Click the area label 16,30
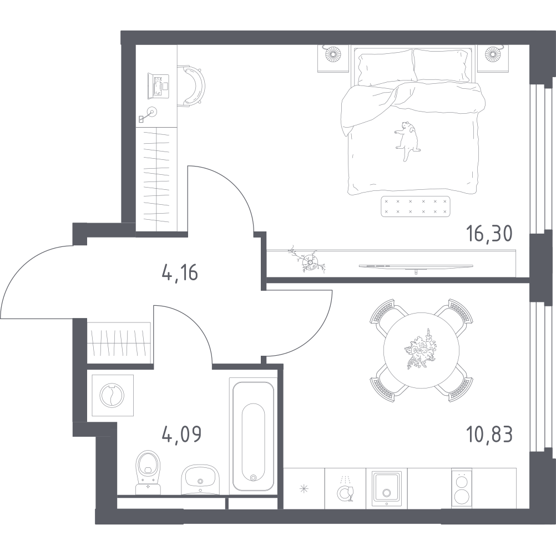pyautogui.click(x=488, y=234)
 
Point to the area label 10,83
pyautogui.click(x=489, y=433)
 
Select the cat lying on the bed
pyautogui.click(x=407, y=141)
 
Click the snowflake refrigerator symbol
pyautogui.click(x=304, y=488)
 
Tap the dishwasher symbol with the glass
pyautogui.click(x=346, y=487)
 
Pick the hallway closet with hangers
pyautogui.click(x=119, y=343)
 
